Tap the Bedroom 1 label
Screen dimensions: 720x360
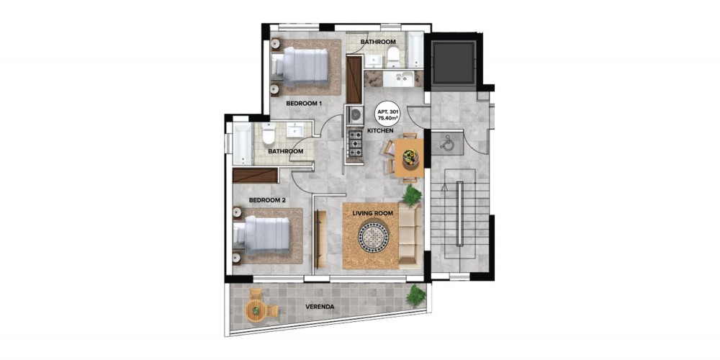[x=303, y=104]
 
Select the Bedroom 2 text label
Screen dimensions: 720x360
[x=267, y=200]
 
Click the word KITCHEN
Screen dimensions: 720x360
[x=380, y=131]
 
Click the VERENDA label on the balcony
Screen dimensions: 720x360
[x=321, y=306]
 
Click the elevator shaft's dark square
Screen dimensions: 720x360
[x=453, y=62]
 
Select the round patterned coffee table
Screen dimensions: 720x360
[x=373, y=236]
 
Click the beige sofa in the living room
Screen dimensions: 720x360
[x=410, y=236]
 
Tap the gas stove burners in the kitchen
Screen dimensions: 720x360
[x=354, y=143]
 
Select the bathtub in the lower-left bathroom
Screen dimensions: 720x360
[x=242, y=143]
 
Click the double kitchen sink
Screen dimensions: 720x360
[x=399, y=78]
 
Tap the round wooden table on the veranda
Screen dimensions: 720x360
[x=255, y=311]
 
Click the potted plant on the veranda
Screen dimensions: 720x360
[x=416, y=295]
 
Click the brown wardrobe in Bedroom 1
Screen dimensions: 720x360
[x=353, y=79]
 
